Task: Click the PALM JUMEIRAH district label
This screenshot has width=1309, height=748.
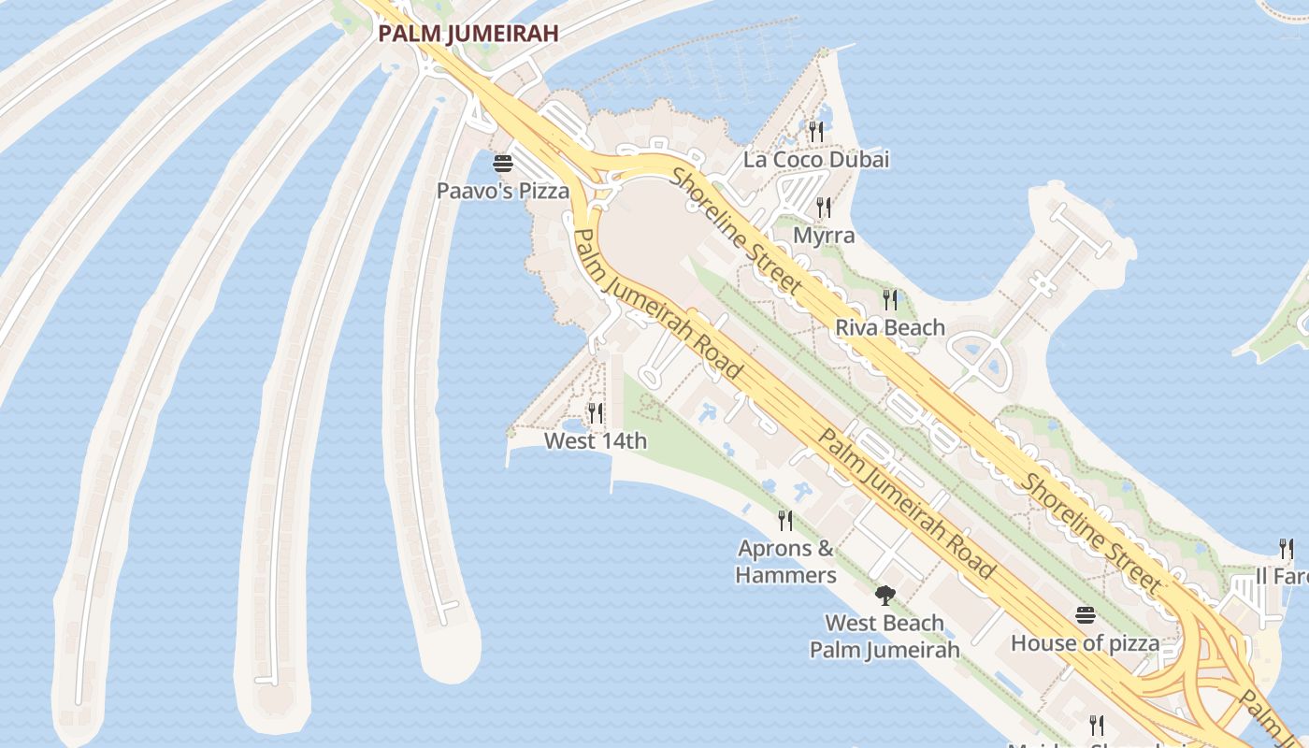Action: point(467,34)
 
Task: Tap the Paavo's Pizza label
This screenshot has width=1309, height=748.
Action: point(503,191)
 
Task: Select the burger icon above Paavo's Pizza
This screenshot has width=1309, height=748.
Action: point(503,165)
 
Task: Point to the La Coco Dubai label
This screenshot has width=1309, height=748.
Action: point(816,160)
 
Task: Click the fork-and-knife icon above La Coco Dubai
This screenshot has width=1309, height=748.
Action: point(816,132)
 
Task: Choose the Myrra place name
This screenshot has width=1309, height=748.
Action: point(824,236)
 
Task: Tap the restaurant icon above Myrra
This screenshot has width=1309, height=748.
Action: point(824,207)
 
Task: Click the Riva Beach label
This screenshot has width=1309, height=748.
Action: point(890,328)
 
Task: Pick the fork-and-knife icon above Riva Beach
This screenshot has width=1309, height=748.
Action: point(890,300)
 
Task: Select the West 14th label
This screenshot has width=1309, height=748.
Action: point(596,441)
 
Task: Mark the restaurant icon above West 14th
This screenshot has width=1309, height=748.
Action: point(595,412)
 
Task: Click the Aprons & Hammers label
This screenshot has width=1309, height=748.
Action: point(785,562)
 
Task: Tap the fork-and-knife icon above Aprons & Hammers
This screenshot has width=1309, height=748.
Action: point(785,521)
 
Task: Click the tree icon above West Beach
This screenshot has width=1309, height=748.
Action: point(885,596)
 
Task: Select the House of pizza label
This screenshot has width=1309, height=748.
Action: point(1085,643)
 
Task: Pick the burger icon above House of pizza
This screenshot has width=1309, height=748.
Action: point(1085,615)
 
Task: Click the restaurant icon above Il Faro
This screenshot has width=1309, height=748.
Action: point(1287,549)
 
